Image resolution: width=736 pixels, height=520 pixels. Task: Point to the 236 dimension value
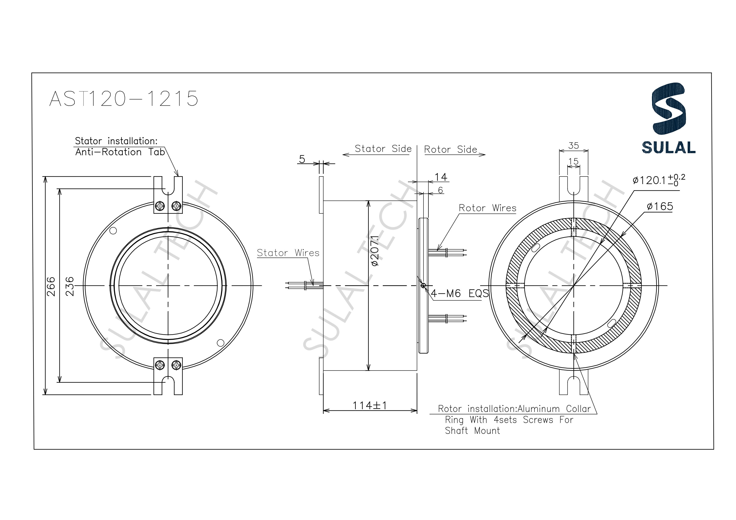[x=70, y=287]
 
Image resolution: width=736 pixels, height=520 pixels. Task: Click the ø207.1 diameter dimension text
[x=375, y=251]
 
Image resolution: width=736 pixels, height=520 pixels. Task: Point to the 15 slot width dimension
[x=573, y=161]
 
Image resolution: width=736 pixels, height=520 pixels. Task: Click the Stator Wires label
[x=288, y=253]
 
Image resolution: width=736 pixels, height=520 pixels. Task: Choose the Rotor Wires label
[x=487, y=208]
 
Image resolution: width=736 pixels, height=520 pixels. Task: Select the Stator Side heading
[x=383, y=149]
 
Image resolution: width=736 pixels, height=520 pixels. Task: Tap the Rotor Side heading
[x=450, y=149]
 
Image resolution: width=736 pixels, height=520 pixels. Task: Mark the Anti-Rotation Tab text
[x=120, y=152]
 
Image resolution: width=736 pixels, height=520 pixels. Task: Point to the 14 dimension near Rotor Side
[x=440, y=177]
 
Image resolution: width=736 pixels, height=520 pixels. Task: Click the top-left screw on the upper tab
[x=160, y=206]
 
